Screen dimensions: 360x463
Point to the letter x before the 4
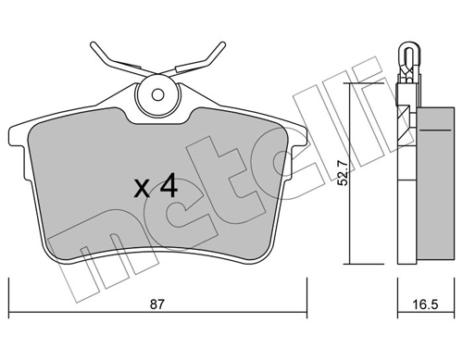pyautogui.click(x=142, y=190)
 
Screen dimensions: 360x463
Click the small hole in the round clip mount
pyautogui.click(x=156, y=93)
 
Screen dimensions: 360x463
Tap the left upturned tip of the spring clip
pyautogui.click(x=94, y=43)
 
